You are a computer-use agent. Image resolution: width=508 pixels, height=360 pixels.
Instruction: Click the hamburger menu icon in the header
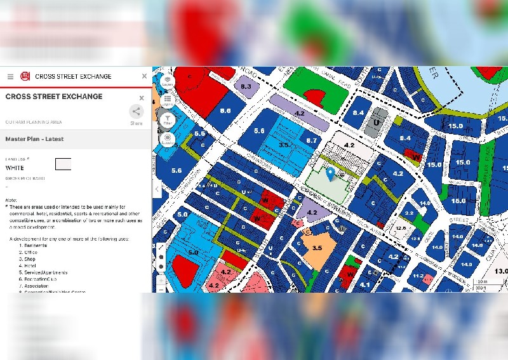10,76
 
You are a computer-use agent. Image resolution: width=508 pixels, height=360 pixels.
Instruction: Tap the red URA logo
25,76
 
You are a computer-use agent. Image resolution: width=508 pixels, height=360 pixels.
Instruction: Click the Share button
137,114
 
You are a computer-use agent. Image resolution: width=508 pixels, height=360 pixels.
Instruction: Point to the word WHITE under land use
15,168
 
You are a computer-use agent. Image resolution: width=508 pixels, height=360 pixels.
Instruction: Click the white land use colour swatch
63,164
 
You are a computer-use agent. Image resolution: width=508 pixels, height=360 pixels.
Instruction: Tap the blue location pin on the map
330,172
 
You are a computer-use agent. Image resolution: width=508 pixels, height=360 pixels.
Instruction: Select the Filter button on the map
168,119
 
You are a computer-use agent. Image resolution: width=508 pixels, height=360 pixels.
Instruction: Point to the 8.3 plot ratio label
246,86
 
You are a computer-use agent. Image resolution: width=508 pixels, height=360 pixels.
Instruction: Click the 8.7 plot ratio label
311,140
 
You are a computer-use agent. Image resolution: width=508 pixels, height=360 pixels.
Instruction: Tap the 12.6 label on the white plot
399,228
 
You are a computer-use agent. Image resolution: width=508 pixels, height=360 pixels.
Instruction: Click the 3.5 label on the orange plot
317,248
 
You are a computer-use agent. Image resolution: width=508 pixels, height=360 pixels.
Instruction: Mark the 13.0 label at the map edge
501,272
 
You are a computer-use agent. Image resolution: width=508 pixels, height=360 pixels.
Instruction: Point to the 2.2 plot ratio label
409,213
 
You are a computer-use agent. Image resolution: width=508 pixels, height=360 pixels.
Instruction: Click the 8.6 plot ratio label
225,110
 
